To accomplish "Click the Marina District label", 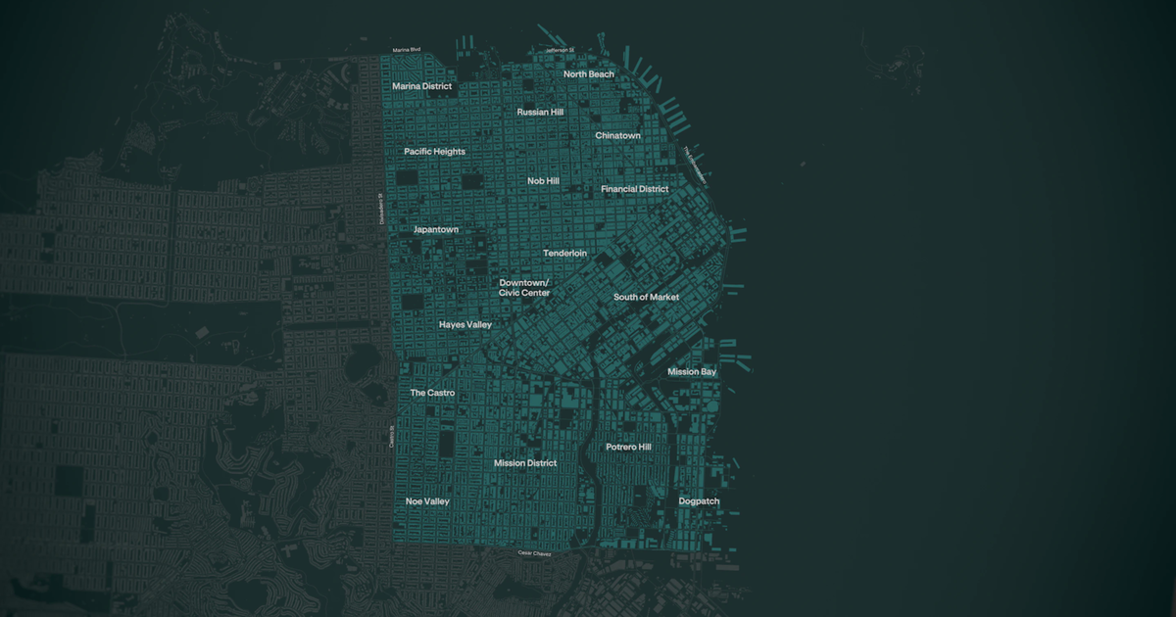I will (x=421, y=86).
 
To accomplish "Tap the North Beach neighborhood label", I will (x=588, y=74).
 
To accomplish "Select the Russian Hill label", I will (x=540, y=113).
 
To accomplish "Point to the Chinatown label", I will (x=617, y=136).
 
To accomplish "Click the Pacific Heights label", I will (x=434, y=152).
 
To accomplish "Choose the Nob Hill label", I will (x=543, y=181).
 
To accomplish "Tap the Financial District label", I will (x=634, y=189).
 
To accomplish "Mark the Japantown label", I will (x=435, y=230).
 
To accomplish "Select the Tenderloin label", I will (x=564, y=254).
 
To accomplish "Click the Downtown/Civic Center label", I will (x=524, y=288).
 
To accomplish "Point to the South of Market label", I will (x=646, y=297).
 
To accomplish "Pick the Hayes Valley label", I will (x=465, y=324).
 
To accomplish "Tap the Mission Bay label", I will (x=692, y=372).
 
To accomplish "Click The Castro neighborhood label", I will (x=432, y=393).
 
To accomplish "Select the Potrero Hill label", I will (x=628, y=448).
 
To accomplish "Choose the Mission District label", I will (x=524, y=463).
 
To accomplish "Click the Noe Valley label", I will (x=427, y=501).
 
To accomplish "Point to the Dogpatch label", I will (x=699, y=501).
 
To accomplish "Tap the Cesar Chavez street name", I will (x=534, y=554).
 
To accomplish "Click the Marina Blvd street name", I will (x=406, y=50).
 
